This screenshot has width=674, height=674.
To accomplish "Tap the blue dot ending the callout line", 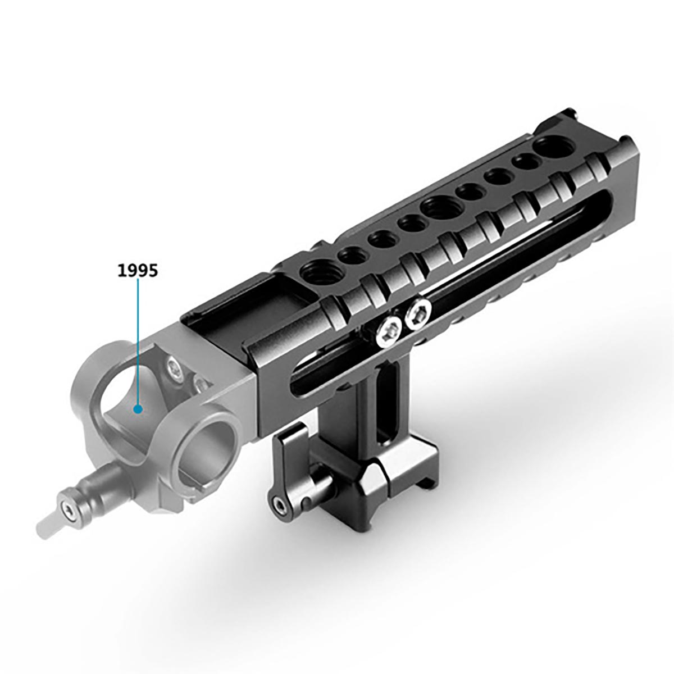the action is (x=139, y=409).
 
